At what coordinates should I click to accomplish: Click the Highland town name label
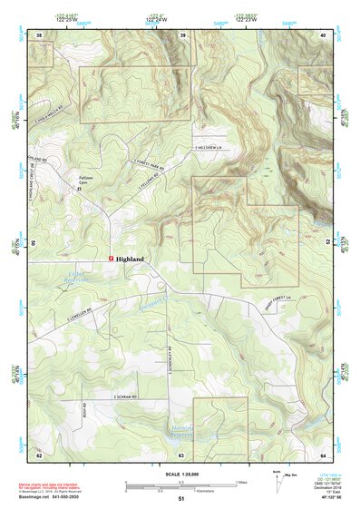[x=131, y=258]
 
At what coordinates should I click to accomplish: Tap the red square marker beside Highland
[x=112, y=258]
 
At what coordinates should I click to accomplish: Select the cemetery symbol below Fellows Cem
[x=80, y=190]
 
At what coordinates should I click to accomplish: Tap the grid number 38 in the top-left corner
[x=39, y=35]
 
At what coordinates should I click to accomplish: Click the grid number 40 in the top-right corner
[x=323, y=35]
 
